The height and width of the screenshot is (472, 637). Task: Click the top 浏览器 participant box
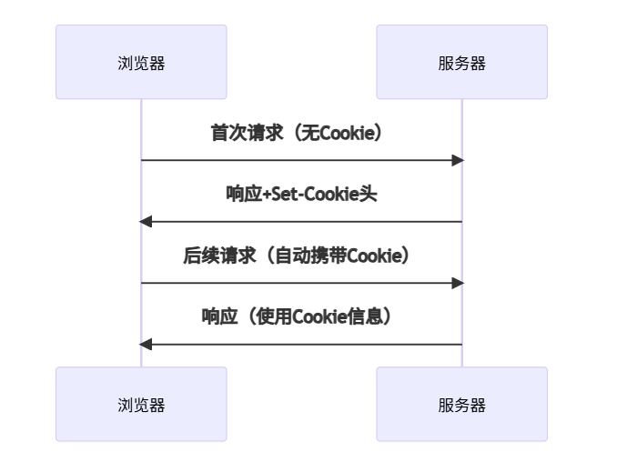(141, 62)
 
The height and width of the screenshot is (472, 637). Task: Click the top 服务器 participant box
(461, 62)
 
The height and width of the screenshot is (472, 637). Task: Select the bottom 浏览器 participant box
(141, 404)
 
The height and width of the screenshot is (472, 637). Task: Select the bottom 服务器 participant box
(461, 404)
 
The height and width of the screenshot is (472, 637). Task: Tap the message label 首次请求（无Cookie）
(301, 133)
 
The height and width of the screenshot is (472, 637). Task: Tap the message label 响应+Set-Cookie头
(301, 194)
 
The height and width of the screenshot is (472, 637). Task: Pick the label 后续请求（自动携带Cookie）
(301, 256)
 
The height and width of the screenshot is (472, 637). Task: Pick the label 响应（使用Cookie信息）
(301, 316)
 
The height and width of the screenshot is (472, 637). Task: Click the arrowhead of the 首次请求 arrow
(459, 160)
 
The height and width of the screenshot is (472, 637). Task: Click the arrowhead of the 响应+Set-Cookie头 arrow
(146, 222)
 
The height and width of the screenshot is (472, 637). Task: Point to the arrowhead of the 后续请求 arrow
(459, 283)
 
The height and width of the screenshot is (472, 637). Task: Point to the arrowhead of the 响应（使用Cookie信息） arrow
(146, 345)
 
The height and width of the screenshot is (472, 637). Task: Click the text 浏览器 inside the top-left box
(141, 63)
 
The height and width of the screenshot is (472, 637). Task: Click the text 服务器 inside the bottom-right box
(461, 405)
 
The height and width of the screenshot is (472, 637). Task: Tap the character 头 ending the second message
(369, 194)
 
